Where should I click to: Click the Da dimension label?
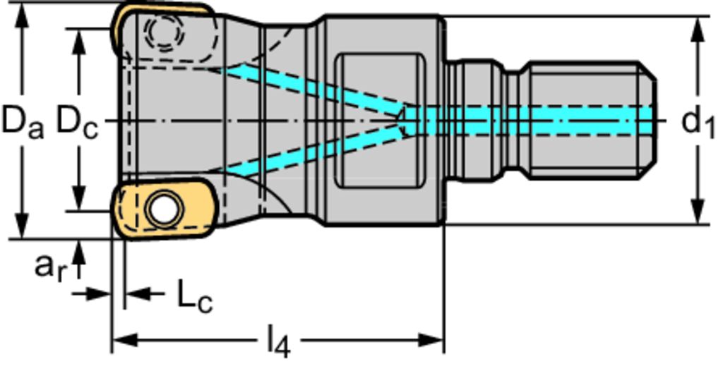click(x=22, y=121)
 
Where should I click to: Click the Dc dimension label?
click(x=76, y=121)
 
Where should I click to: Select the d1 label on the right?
click(x=698, y=122)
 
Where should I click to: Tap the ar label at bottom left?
click(x=52, y=267)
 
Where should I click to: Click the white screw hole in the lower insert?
click(x=163, y=209)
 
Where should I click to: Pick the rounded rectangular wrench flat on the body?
click(x=379, y=121)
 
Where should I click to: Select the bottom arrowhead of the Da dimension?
click(x=23, y=229)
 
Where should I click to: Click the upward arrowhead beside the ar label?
click(x=80, y=248)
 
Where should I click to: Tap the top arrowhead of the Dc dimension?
click(x=80, y=38)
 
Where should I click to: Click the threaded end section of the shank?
click(x=590, y=120)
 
